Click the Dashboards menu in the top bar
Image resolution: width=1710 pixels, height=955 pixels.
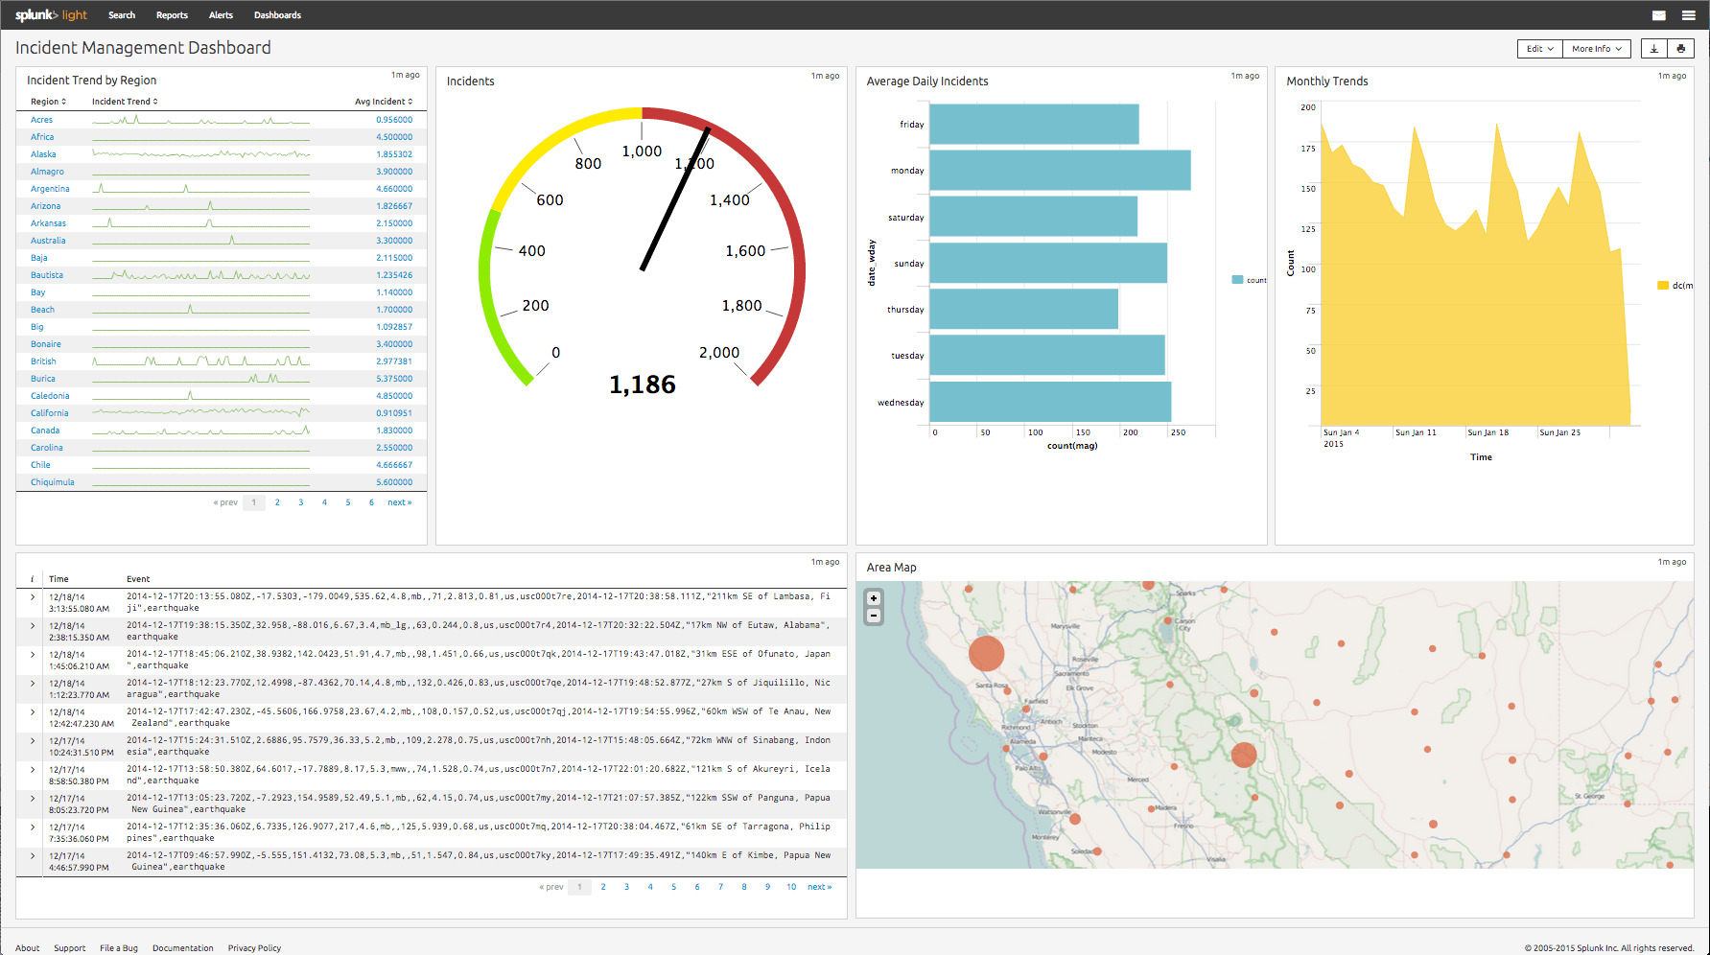click(x=277, y=15)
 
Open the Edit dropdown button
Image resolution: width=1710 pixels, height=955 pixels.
click(x=1539, y=49)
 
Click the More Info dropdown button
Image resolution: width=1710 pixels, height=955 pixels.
click(x=1596, y=49)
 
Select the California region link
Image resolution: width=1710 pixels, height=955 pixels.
click(x=49, y=413)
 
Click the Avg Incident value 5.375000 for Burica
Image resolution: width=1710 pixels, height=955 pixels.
click(x=394, y=379)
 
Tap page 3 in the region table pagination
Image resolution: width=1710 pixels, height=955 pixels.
click(x=301, y=502)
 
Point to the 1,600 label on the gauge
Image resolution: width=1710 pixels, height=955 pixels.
click(x=745, y=251)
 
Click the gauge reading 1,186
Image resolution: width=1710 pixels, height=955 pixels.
click(x=643, y=384)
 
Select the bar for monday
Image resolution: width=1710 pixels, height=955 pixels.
click(x=1060, y=171)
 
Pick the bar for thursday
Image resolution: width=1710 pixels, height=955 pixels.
click(x=1023, y=310)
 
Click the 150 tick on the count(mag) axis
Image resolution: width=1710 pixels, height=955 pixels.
click(x=1083, y=432)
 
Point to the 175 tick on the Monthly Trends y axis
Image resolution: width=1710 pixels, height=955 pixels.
click(x=1308, y=149)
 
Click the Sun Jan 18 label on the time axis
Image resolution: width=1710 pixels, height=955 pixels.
click(x=1487, y=432)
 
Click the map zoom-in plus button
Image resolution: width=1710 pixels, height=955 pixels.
click(x=874, y=598)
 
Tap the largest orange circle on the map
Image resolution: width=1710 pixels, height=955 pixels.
click(x=986, y=653)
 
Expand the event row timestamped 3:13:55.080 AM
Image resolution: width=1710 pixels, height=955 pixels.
click(x=33, y=597)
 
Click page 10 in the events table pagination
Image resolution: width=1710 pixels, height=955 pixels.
click(x=791, y=887)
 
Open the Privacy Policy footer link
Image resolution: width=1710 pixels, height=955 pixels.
click(x=254, y=948)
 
